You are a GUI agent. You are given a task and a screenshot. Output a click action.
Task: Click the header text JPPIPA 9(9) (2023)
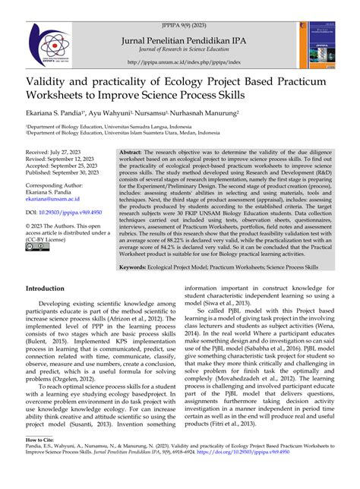[x=179, y=8]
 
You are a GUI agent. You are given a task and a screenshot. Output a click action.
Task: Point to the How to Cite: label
[x=43, y=460]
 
